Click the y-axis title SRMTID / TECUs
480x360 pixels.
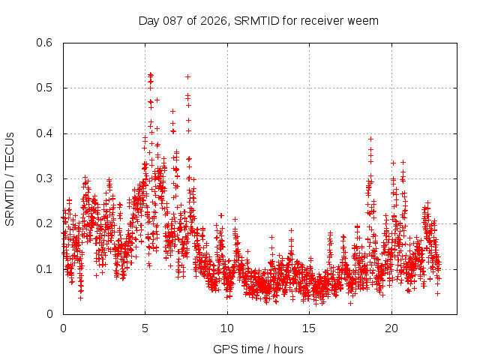[x=10, y=178]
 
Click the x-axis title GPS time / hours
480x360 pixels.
[x=259, y=349]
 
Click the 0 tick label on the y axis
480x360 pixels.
[x=49, y=314]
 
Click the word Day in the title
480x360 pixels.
[x=148, y=20]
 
